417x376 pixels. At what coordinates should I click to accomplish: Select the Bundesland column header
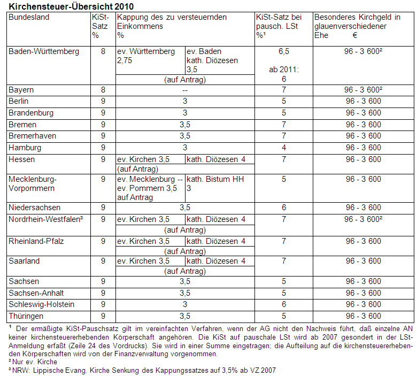(29, 17)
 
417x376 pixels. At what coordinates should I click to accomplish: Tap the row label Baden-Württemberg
(44, 51)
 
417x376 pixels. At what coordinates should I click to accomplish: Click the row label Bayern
(21, 90)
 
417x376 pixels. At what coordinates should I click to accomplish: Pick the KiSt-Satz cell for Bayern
(103, 90)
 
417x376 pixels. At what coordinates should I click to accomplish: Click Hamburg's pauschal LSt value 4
(284, 148)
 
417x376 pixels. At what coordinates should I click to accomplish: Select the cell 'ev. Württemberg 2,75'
(146, 56)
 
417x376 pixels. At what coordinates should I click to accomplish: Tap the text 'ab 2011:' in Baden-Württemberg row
(284, 69)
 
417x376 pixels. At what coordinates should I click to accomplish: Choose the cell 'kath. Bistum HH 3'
(215, 184)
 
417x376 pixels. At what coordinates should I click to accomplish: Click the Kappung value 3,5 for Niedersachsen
(185, 208)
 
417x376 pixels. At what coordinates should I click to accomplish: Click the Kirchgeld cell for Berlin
(364, 101)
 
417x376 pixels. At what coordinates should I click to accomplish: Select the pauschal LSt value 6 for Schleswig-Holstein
(284, 304)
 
